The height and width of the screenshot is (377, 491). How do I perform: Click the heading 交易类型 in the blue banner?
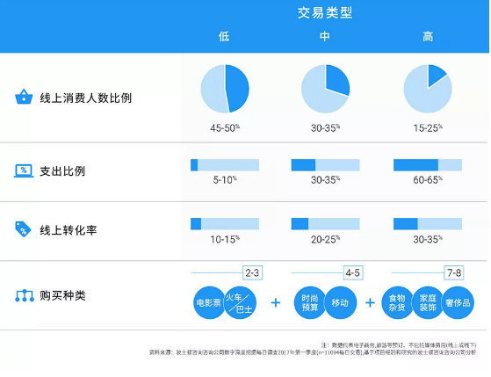click(326, 13)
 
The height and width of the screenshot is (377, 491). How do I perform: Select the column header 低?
click(225, 37)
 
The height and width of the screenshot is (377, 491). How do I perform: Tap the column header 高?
click(428, 37)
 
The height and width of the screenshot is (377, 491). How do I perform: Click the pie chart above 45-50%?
click(225, 89)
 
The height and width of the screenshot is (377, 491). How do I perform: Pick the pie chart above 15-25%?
click(428, 89)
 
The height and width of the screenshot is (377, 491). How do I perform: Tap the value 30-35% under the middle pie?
click(325, 128)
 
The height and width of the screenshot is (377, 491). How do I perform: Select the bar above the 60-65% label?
click(428, 164)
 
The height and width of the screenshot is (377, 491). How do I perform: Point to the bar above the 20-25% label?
click(325, 223)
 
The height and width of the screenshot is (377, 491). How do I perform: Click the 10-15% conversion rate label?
click(225, 238)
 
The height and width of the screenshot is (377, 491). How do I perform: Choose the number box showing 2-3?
click(253, 272)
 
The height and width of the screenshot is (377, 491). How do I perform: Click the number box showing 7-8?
click(453, 272)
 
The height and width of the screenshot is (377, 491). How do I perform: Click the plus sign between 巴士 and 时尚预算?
click(276, 302)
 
